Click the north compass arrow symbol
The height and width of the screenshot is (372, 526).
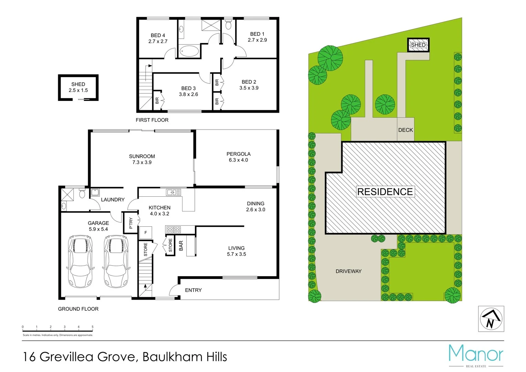(x=491, y=319)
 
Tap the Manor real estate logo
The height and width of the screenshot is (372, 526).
(x=476, y=355)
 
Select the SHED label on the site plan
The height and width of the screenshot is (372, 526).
(x=418, y=45)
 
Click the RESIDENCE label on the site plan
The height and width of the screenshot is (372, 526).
(x=385, y=192)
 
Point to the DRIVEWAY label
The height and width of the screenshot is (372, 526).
(x=348, y=271)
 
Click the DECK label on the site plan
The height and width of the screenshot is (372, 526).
(x=406, y=130)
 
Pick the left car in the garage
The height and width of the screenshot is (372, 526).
(x=81, y=261)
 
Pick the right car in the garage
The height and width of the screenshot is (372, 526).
(x=116, y=261)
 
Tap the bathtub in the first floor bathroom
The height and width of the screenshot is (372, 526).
(x=189, y=52)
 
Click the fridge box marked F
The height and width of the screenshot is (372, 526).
(x=146, y=233)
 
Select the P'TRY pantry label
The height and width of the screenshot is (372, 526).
(x=131, y=223)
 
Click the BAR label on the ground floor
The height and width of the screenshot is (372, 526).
(x=181, y=246)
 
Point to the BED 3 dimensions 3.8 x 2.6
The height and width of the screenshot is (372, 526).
(x=188, y=94)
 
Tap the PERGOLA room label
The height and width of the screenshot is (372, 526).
(x=238, y=154)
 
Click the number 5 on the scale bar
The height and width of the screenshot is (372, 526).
(x=92, y=327)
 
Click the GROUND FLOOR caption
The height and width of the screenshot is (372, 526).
(x=78, y=309)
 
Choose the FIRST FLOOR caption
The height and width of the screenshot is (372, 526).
(x=152, y=120)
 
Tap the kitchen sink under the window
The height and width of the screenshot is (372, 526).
(x=173, y=192)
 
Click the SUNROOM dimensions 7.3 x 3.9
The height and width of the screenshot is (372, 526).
(x=142, y=162)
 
